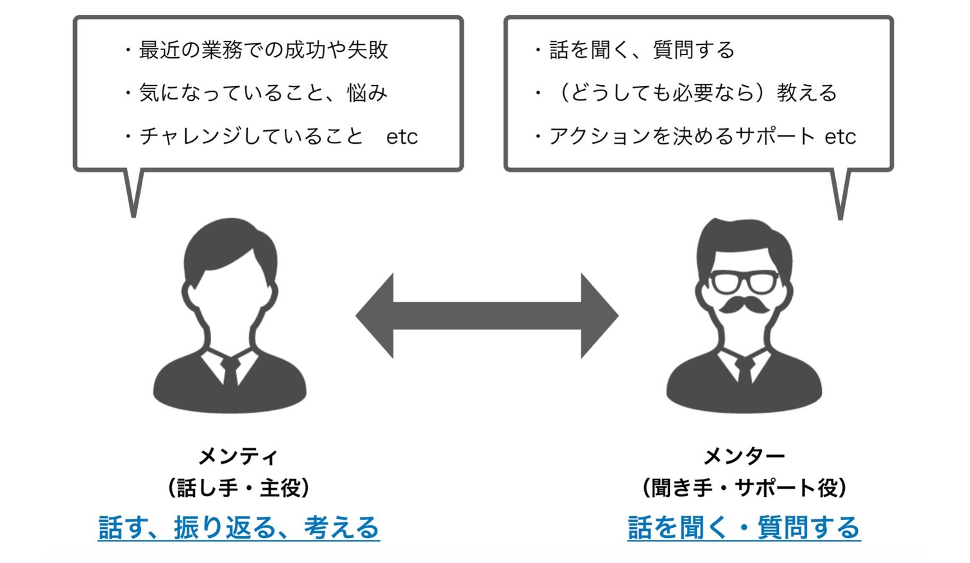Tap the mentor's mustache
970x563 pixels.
744,304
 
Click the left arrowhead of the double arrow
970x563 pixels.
375,316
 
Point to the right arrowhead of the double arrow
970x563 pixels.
599,316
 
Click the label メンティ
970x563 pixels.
238,456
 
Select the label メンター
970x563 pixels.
744,456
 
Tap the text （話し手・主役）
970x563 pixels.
239,488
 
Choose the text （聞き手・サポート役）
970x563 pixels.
744,488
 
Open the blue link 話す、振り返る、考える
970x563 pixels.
239,528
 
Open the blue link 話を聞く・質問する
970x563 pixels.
744,528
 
